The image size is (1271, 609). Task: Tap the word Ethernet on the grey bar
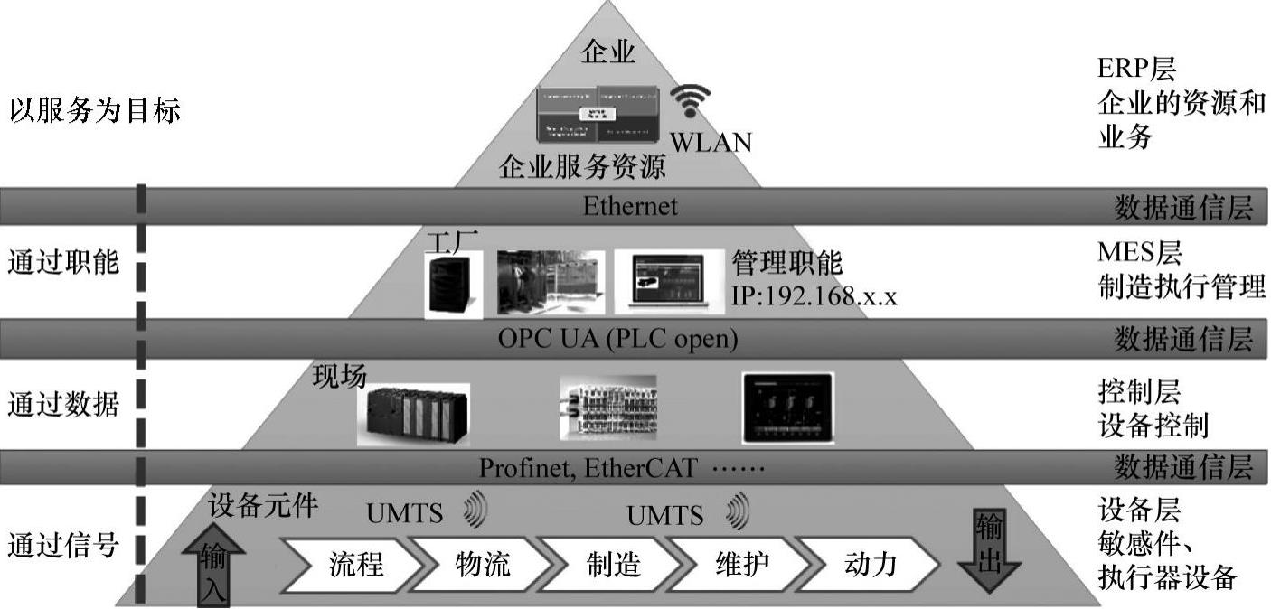point(629,206)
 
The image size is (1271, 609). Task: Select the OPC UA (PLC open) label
point(618,339)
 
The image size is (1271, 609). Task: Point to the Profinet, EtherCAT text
point(588,468)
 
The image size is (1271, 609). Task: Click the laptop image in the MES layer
point(669,281)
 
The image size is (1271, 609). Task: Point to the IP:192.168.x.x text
point(814,295)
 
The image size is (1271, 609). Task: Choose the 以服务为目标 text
point(95,112)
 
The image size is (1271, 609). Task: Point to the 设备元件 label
point(263,507)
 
